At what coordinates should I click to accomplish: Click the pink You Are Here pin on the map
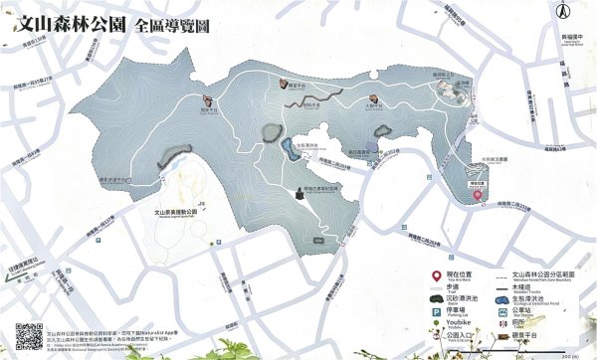(478, 196)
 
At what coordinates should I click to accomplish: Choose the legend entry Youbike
(458, 324)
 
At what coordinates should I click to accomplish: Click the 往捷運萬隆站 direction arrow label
(28, 261)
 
